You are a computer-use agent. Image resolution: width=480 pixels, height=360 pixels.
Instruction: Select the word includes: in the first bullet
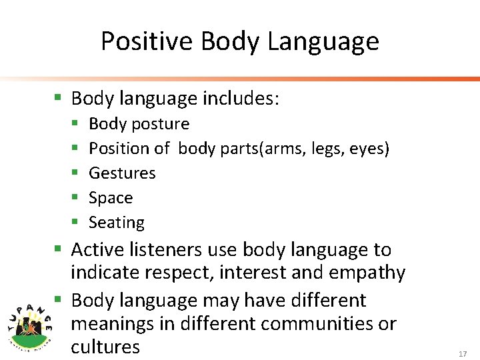(x=241, y=99)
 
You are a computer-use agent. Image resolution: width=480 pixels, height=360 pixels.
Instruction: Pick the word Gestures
(x=122, y=173)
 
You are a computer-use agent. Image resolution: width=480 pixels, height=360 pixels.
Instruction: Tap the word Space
(x=111, y=198)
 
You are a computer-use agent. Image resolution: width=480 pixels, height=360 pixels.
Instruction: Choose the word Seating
(x=117, y=223)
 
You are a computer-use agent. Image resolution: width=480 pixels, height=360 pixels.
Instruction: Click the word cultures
(x=105, y=347)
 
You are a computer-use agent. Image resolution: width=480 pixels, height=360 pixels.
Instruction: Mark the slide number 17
(x=463, y=355)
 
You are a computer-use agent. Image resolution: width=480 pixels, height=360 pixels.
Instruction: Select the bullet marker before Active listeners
(x=59, y=250)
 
